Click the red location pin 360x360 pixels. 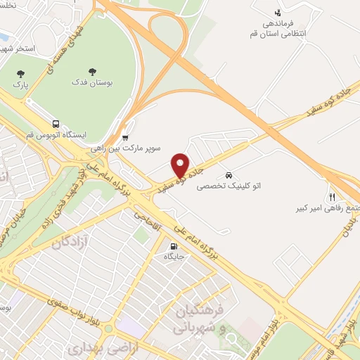coord(181,166)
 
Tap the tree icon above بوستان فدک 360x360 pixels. coord(92,71)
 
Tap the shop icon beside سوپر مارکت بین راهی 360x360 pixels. coord(125,137)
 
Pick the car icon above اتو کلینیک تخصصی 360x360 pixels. coord(229,174)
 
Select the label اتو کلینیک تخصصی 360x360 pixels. coord(229,186)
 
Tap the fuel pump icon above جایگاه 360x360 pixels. coord(172,247)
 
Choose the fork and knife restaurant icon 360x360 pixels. coord(331,197)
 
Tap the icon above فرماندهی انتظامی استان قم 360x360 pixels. coord(278,12)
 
